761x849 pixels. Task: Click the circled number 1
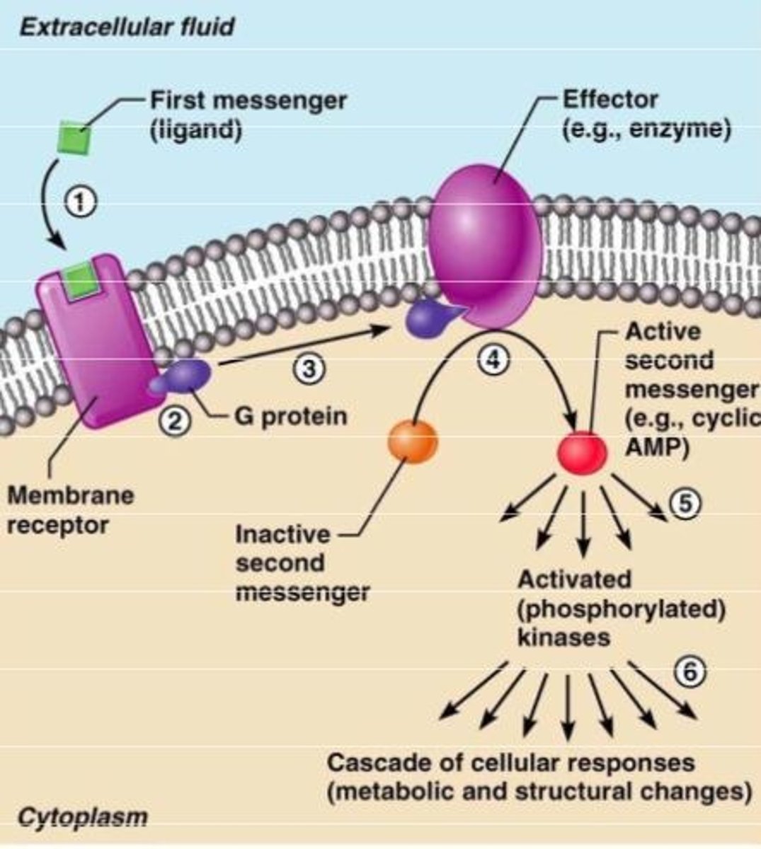pyautogui.click(x=80, y=202)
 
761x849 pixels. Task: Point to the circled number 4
pyautogui.click(x=493, y=359)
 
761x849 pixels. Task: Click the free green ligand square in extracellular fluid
pyautogui.click(x=75, y=136)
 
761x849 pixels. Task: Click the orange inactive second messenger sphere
pyautogui.click(x=413, y=441)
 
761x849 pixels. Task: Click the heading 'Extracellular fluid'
pyautogui.click(x=126, y=28)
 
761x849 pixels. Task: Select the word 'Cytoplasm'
pyautogui.click(x=83, y=817)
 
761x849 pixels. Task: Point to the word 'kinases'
pyautogui.click(x=563, y=637)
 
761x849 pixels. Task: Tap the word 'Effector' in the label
pyautogui.click(x=609, y=100)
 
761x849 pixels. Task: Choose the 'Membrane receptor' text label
pyautogui.click(x=69, y=510)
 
